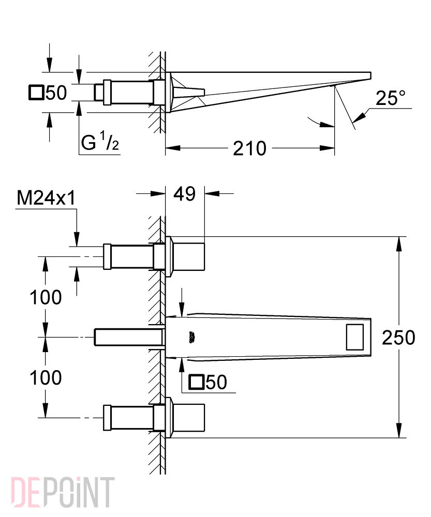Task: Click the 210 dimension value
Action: pyautogui.click(x=249, y=149)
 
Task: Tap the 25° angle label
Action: pyautogui.click(x=391, y=98)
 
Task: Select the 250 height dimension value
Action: pyautogui.click(x=398, y=338)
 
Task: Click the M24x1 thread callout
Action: pyautogui.click(x=46, y=198)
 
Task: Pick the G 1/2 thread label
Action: pyautogui.click(x=100, y=141)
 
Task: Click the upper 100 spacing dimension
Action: pyautogui.click(x=46, y=297)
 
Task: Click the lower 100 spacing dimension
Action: pyautogui.click(x=46, y=377)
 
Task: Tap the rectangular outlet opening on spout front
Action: pyautogui.click(x=355, y=337)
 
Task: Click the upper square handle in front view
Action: pyautogui.click(x=188, y=257)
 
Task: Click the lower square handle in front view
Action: pyautogui.click(x=188, y=417)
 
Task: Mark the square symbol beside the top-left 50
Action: pyautogui.click(x=36, y=93)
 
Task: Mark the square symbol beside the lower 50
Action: pyautogui.click(x=196, y=382)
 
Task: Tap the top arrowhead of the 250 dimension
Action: pyautogui.click(x=399, y=245)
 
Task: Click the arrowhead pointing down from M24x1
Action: pyautogui.click(x=77, y=239)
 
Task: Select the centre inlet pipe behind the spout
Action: pyautogui.click(x=129, y=337)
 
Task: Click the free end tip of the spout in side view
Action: pyautogui.click(x=371, y=75)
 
